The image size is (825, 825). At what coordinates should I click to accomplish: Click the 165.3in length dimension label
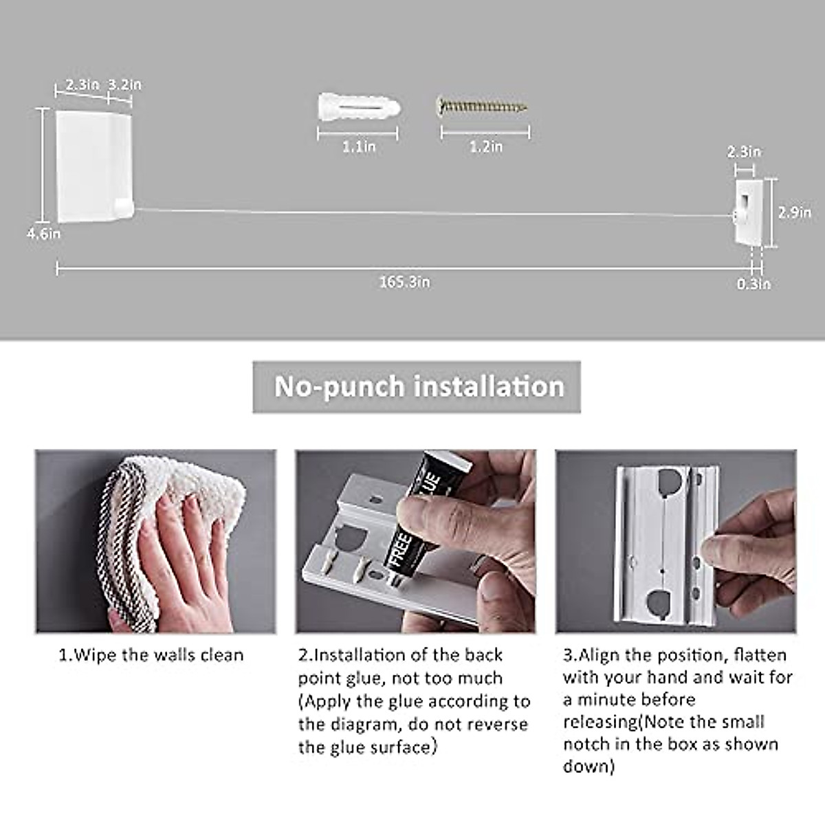tap(404, 282)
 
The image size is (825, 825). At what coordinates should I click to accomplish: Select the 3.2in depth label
tap(125, 85)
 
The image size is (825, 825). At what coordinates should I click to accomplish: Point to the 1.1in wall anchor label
tap(359, 146)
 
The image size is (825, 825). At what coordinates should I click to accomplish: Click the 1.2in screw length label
tap(486, 146)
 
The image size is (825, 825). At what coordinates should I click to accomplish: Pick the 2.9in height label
tap(794, 212)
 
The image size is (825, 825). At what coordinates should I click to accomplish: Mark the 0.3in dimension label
tap(753, 283)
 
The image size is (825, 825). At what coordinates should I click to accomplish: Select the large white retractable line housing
tap(93, 165)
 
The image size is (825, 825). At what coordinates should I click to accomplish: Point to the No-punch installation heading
tap(418, 386)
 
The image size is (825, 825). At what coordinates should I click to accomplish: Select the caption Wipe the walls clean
tap(151, 654)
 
